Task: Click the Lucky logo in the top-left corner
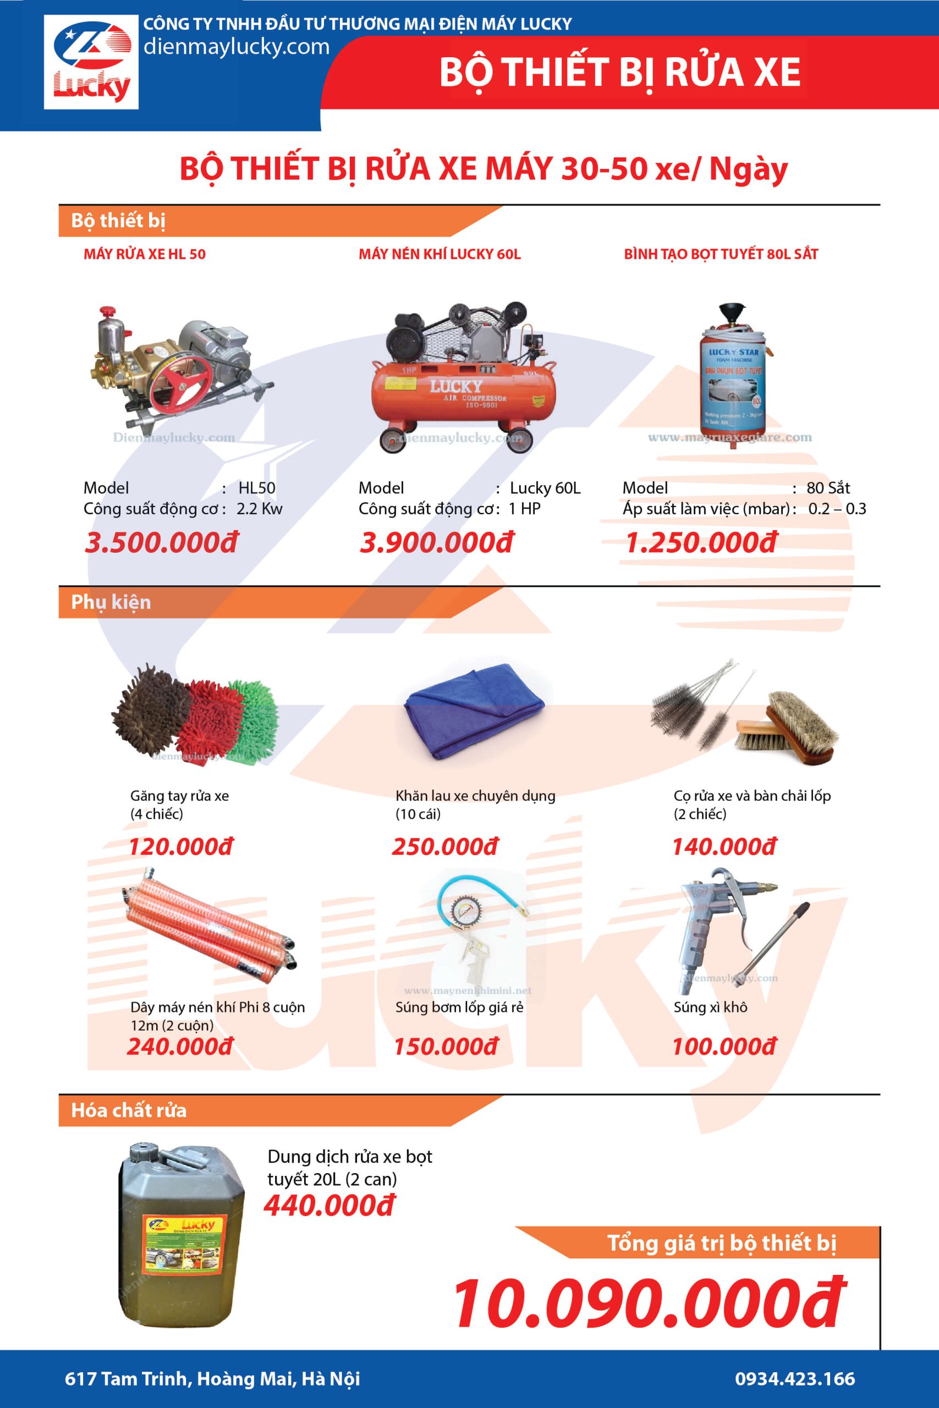91,63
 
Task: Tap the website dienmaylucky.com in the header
236,47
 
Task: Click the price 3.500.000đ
161,542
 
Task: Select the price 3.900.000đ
436,542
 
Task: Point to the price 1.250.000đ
701,542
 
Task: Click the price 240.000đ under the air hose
180,1047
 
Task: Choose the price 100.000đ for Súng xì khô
723,1047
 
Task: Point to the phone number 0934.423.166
795,1378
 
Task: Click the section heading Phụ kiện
111,602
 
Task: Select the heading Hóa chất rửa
129,1110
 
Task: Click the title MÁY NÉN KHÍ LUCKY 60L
440,254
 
